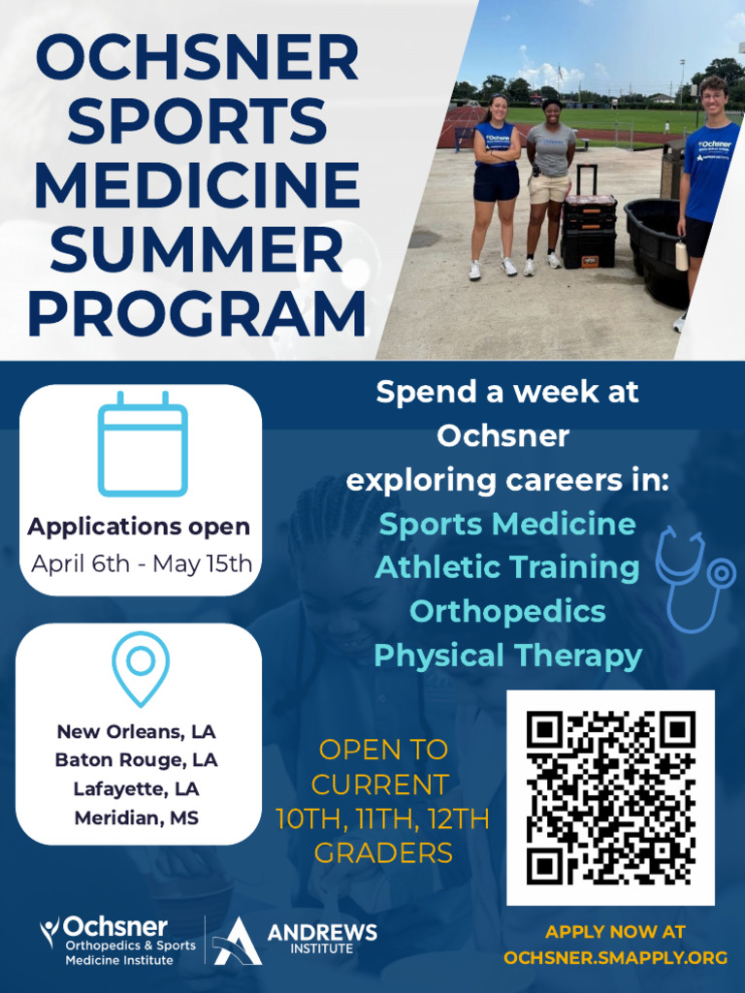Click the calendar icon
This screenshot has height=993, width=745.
(x=143, y=444)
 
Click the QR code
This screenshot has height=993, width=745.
(x=611, y=797)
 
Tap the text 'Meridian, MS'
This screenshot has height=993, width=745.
(x=137, y=817)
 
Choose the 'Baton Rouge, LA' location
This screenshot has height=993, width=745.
(x=136, y=760)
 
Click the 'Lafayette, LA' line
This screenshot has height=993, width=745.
(x=136, y=789)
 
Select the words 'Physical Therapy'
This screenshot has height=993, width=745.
(x=508, y=657)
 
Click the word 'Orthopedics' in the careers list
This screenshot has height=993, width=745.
(x=507, y=612)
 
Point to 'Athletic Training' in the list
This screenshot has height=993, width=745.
(x=507, y=567)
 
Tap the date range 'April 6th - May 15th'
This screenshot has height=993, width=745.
(x=142, y=563)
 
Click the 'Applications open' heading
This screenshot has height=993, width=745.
(x=139, y=527)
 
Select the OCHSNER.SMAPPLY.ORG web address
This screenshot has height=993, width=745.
(x=615, y=957)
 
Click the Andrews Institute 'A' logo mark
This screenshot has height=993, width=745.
(x=236, y=941)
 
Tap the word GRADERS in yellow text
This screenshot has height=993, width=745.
(x=383, y=853)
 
